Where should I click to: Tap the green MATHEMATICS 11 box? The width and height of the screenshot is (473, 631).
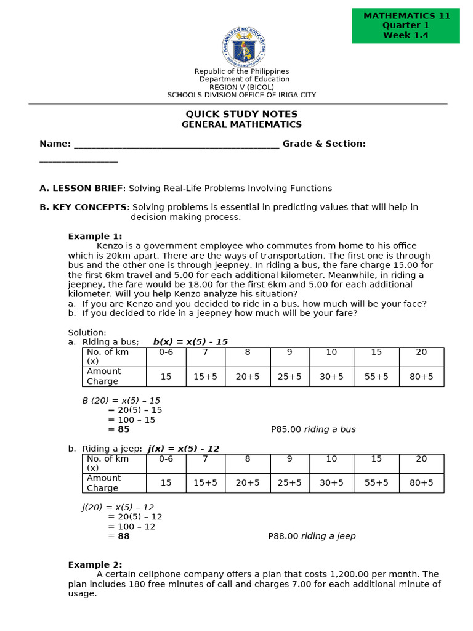405,26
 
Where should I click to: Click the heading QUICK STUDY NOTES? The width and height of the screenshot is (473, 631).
241,114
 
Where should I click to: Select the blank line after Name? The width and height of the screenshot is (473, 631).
176,144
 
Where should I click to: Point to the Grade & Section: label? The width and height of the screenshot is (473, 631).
324,144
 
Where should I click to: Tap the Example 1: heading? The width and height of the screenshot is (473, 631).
95,236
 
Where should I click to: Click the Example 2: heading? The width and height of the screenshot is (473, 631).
95,564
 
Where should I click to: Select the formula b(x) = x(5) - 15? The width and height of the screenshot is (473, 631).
190,342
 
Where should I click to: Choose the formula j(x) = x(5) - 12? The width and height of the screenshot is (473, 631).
184,449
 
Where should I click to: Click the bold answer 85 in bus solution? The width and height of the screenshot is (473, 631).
124,429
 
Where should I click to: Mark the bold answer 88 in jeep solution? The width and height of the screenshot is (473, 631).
124,536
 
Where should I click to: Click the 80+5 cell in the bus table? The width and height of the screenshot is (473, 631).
421,377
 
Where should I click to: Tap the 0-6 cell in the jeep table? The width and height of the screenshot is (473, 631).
166,459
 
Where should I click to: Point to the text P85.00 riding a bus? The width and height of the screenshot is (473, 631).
313,429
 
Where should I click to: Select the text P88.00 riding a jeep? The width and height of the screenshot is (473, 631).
312,536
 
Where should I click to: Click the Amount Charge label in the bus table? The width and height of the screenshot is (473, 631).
103,377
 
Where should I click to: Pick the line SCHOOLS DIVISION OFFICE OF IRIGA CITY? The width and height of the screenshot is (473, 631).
241,95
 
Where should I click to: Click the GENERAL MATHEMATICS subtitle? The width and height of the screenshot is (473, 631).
241,124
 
